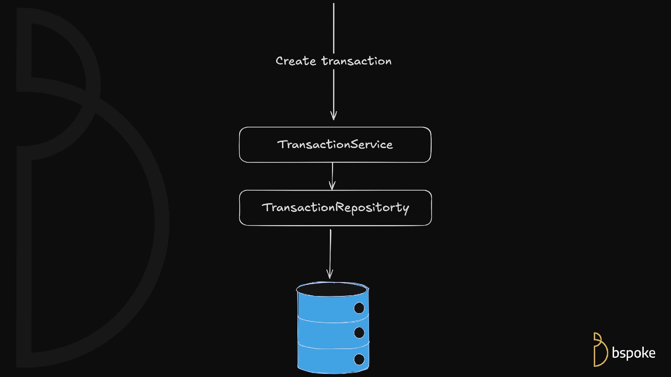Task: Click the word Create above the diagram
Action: (x=296, y=61)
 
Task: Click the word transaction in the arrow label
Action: (x=356, y=61)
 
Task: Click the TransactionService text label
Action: (x=335, y=145)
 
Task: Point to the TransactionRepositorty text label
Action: (x=335, y=208)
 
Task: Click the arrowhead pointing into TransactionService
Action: (x=334, y=116)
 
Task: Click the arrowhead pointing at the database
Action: (x=330, y=274)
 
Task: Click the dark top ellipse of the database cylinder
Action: (x=332, y=289)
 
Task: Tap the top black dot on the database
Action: (x=359, y=308)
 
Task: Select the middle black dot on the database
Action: (x=359, y=332)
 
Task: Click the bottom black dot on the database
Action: (x=359, y=359)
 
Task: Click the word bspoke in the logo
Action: (x=633, y=353)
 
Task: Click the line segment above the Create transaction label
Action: (x=334, y=28)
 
